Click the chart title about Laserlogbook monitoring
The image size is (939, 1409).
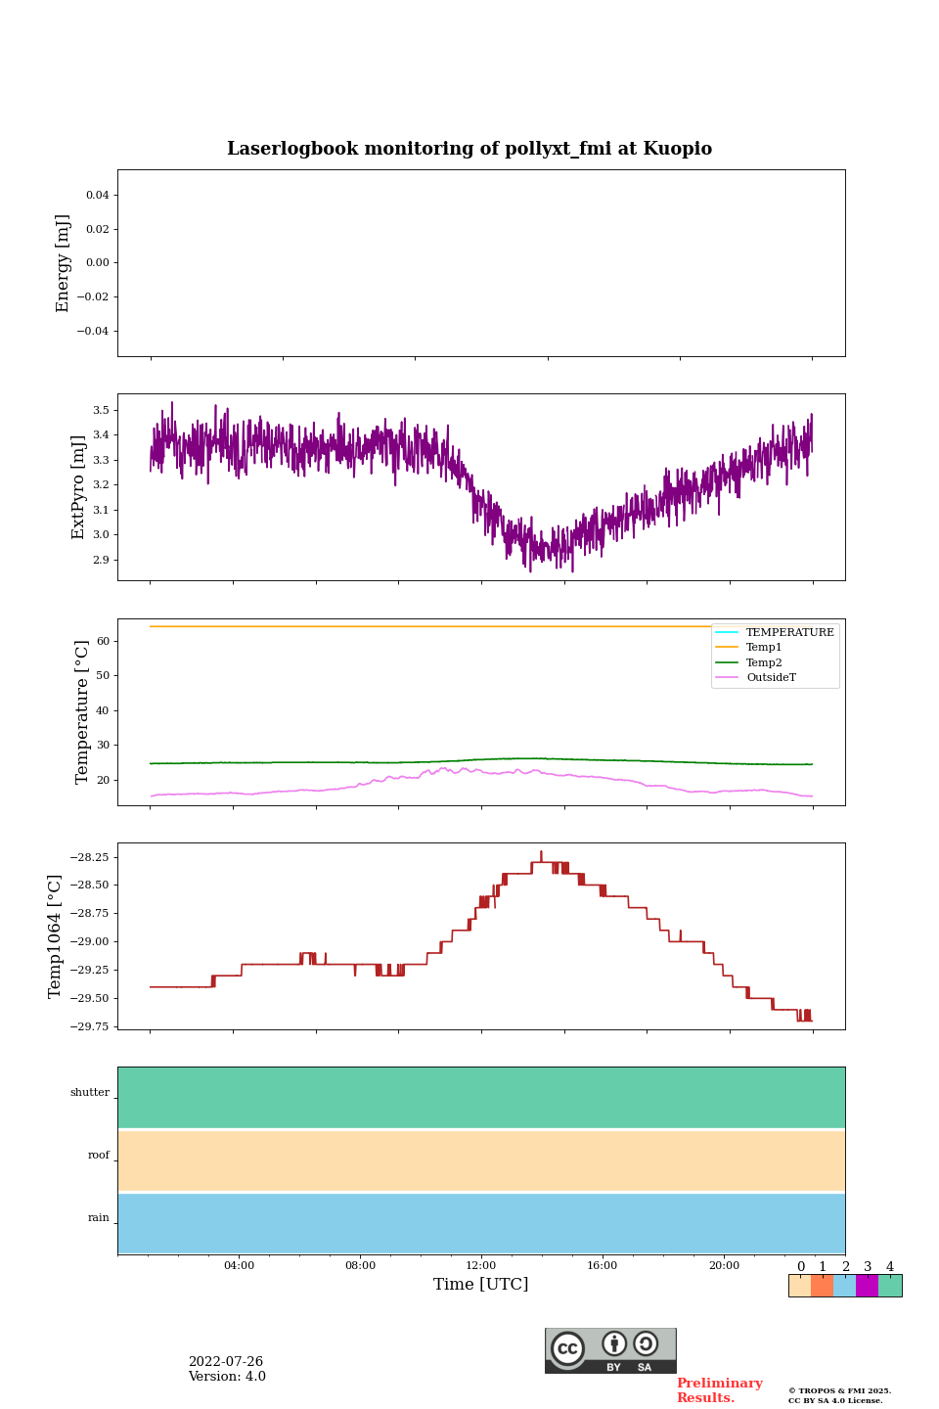[469, 149]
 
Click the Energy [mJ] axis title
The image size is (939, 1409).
[64, 263]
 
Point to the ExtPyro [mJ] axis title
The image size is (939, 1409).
[79, 487]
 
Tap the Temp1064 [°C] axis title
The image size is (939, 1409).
[56, 936]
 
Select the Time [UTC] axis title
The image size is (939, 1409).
[480, 1285]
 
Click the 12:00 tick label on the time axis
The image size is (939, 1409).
[481, 1266]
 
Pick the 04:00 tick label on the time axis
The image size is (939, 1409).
[239, 1266]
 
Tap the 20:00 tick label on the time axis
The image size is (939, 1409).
[724, 1266]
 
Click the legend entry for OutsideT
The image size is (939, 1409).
[771, 677]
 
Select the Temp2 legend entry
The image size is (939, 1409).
[764, 662]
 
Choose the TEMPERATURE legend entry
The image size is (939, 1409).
[789, 632]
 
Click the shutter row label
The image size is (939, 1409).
[90, 1093]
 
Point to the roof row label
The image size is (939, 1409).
[99, 1156]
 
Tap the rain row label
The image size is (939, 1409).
[99, 1218]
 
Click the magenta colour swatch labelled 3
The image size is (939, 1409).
[867, 1286]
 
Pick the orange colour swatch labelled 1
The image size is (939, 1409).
[822, 1286]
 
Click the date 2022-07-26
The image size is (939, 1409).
[226, 1362]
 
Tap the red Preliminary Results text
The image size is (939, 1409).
[719, 1390]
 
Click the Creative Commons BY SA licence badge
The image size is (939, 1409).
[610, 1350]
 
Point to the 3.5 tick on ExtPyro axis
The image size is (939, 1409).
[101, 410]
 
